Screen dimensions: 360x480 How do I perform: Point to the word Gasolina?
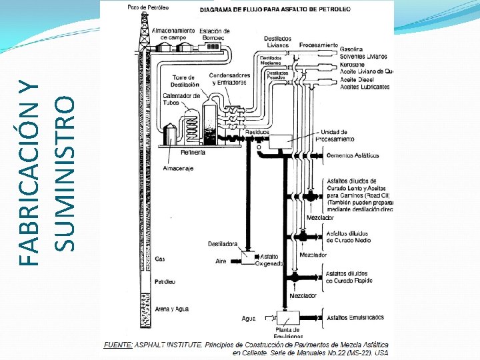tap(351, 49)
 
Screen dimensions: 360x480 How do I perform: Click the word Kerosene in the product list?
tap(352, 64)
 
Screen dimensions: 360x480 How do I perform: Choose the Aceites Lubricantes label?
tap(365, 87)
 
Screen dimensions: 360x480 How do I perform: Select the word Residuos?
tap(257, 133)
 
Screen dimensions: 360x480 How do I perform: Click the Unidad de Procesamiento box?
tap(280, 141)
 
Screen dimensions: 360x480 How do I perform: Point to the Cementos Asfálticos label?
tap(353, 155)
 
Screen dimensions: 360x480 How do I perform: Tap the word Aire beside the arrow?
tap(221, 262)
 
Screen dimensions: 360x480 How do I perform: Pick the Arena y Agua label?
tap(171, 309)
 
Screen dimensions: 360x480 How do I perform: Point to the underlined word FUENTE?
tap(119, 344)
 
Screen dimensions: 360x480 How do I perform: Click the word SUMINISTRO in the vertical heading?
tap(64, 173)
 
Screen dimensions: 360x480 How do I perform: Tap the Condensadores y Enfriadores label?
tap(229, 79)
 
